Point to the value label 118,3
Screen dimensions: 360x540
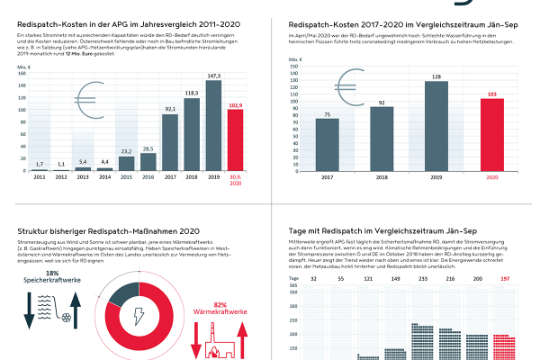pyautogui.click(x=191, y=92)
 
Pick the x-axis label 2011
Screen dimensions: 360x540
pyautogui.click(x=39, y=176)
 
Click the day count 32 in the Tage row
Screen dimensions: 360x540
pyautogui.click(x=316, y=279)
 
